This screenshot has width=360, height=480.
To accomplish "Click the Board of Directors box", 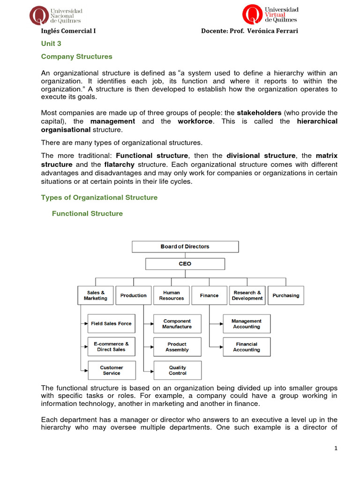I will [185, 247].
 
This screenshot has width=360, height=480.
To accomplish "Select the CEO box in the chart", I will [185, 264].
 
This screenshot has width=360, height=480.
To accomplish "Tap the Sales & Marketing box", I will [96, 295].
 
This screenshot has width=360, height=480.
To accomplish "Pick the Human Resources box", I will [172, 295].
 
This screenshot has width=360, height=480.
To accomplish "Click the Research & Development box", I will [247, 295].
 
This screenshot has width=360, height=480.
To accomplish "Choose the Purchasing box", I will [285, 295].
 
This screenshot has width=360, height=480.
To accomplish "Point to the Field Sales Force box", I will [112, 323].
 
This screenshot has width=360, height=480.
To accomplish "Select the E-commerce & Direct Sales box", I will [112, 346].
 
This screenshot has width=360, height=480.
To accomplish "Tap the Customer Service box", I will [112, 370].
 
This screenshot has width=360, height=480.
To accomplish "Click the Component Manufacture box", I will [177, 324].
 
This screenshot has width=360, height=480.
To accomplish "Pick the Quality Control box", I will [177, 370].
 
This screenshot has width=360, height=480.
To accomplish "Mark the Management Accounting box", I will [247, 324].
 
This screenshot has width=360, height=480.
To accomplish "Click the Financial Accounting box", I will [247, 347].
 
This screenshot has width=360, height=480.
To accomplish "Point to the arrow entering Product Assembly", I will [150, 347].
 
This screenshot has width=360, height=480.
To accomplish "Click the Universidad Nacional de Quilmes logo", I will [55, 15].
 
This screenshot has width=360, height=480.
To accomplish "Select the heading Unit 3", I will [51, 44].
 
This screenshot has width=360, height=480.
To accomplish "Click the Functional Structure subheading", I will [87, 214].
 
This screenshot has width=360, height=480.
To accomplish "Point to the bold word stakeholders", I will [259, 112].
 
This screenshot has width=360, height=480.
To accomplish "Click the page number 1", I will [336, 448].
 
